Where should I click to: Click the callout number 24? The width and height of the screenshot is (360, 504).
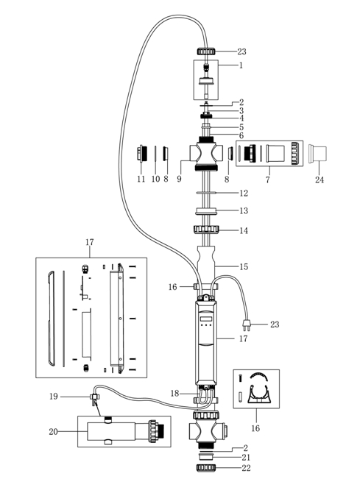point(320,180)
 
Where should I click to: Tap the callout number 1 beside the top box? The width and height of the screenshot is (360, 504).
point(241,65)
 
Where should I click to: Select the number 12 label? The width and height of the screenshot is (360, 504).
point(244,194)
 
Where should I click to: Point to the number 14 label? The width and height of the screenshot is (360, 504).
point(244,230)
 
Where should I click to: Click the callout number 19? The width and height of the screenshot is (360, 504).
point(54,397)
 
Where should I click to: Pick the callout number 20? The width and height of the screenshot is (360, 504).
point(54,432)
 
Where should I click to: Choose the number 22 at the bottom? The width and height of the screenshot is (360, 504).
point(246,468)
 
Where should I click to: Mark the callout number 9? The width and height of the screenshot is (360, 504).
point(179,179)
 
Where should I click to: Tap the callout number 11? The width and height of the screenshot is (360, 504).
point(141,179)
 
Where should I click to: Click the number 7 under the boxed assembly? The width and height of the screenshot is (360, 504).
point(268,180)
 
